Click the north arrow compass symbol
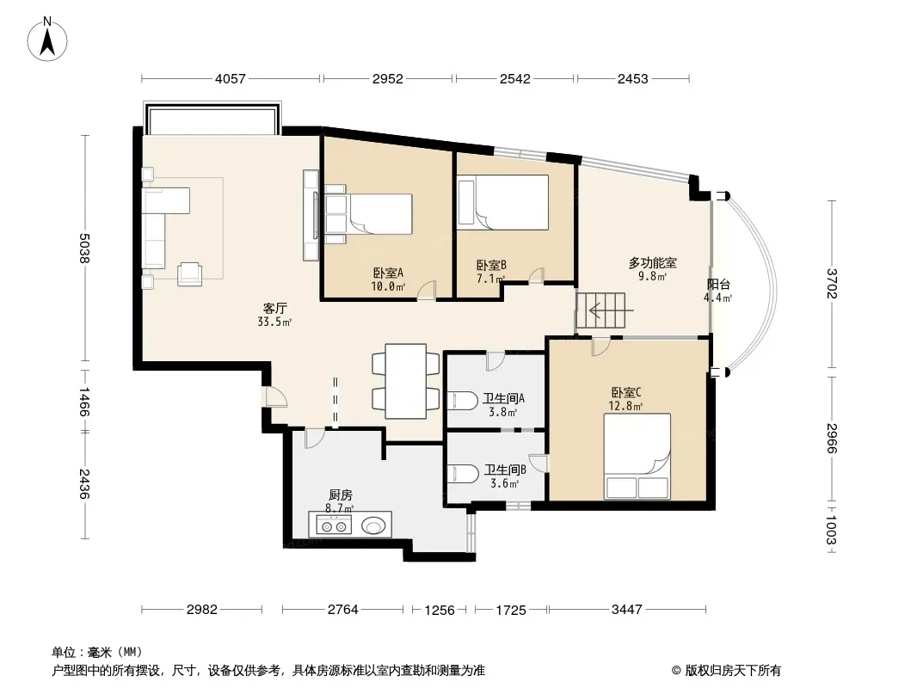[47, 40]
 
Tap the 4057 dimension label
[231, 78]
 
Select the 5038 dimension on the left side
[85, 248]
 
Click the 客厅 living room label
[275, 308]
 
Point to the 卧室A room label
[388, 273]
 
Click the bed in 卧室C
[637, 457]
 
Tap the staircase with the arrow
[601, 310]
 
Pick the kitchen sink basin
[373, 525]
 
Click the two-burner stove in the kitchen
[334, 525]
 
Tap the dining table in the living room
[406, 381]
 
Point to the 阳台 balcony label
[719, 285]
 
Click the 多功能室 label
[653, 263]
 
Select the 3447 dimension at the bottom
[627, 610]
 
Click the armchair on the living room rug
[189, 273]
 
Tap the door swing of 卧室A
[427, 291]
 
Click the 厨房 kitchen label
[341, 495]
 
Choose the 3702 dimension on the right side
[832, 283]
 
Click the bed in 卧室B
[503, 202]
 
